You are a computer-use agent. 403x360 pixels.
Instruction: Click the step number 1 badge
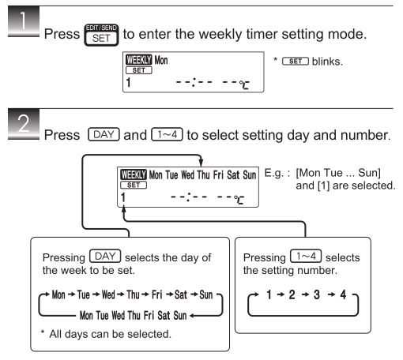coord(24,21)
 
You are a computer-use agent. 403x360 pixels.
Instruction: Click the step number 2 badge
coord(24,124)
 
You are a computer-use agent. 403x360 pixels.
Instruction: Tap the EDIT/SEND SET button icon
coord(101,35)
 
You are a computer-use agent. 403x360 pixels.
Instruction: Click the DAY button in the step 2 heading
coord(104,134)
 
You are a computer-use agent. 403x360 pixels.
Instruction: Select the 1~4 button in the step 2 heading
coord(167,134)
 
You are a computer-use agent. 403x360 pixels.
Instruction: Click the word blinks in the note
coord(327,62)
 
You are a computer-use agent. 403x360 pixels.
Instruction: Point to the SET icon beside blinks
coord(296,62)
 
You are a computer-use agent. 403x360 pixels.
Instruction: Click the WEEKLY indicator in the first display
coord(139,60)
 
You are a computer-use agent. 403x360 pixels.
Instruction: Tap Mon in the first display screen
coord(161,60)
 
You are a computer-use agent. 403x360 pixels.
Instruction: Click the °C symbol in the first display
coord(244,84)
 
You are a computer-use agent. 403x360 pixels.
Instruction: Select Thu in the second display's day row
coord(203,175)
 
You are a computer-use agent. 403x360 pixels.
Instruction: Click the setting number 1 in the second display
coord(123,197)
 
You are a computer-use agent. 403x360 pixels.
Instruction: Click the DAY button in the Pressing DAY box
coord(105,256)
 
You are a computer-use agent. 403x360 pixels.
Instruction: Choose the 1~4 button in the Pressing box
coord(306,256)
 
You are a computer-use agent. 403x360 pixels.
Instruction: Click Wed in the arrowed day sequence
coord(108,294)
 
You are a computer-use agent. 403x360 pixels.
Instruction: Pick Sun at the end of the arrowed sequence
coord(206,294)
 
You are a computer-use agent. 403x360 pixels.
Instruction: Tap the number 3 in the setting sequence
coord(317,294)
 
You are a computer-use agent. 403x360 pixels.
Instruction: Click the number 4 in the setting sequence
coord(343,294)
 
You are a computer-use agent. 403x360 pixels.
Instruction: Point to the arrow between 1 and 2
coord(281,294)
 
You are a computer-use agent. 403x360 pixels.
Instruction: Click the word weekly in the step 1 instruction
coord(220,35)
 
